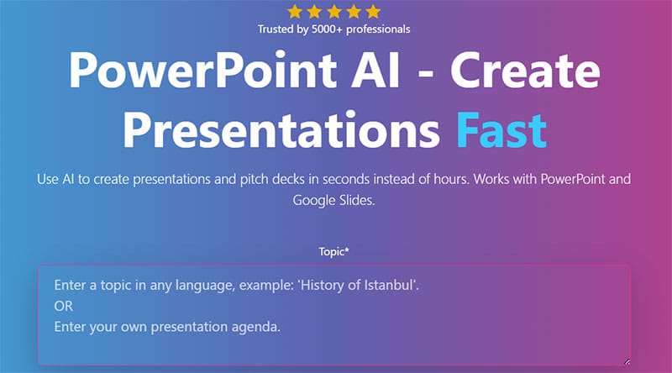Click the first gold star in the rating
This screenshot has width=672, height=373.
[x=295, y=12]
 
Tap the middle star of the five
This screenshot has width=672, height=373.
[x=333, y=12]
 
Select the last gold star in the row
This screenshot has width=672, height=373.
[x=373, y=12]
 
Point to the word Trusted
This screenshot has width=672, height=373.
[x=276, y=29]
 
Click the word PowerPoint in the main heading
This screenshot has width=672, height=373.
[x=202, y=71]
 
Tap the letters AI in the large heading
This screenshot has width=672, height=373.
[x=375, y=70]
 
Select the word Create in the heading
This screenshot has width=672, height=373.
[x=525, y=70]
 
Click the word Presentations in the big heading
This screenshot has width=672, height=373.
[x=281, y=130]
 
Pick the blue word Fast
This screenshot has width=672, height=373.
[x=501, y=130]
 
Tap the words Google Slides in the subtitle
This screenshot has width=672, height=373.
[x=333, y=200]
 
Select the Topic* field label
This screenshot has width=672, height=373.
[x=333, y=252]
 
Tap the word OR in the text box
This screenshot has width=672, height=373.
[x=64, y=306]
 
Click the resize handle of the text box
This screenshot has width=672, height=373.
[x=627, y=362]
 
